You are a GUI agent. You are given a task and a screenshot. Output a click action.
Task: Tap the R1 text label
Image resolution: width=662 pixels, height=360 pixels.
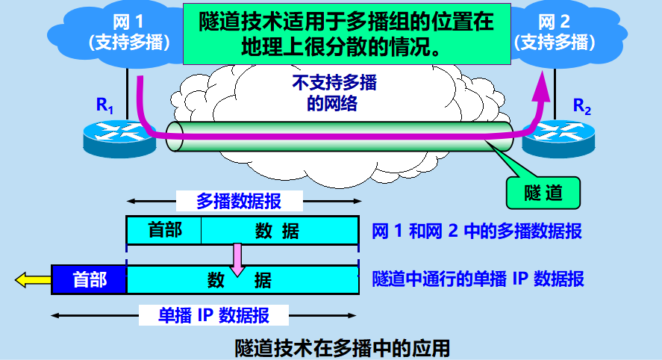click(104, 105)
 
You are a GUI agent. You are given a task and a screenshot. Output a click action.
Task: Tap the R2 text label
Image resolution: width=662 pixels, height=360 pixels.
click(581, 106)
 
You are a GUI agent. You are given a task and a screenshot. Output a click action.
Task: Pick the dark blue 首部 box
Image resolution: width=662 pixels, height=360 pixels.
click(89, 280)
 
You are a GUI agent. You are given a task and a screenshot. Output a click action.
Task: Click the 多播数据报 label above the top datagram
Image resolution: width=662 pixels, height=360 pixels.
click(239, 201)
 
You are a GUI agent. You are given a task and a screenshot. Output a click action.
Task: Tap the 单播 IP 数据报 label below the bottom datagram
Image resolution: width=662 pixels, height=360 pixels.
click(213, 314)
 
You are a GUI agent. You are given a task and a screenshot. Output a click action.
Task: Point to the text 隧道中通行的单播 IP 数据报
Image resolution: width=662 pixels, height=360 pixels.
click(478, 280)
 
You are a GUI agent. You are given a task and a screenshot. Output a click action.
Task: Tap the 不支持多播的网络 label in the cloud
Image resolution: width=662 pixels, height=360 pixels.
click(333, 93)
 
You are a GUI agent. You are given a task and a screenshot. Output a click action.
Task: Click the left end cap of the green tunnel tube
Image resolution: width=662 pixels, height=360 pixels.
click(174, 137)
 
